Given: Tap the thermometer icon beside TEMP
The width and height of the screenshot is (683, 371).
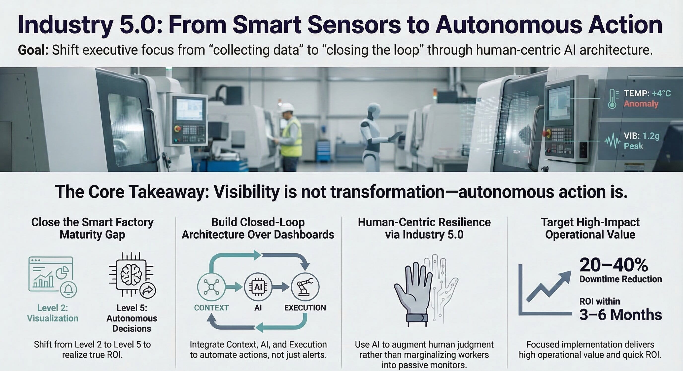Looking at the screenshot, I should [612, 99].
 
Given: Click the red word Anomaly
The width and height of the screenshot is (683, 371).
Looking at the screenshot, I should [641, 104].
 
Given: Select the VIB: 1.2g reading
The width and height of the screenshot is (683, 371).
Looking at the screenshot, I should [641, 136].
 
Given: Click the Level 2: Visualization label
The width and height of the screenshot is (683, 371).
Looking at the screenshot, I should [53, 313].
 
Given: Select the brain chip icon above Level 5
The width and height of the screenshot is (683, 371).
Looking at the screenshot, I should [132, 275].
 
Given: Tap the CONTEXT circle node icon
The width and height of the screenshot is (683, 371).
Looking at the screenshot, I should [211, 287].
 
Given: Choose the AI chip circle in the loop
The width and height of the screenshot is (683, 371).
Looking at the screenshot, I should [258, 287].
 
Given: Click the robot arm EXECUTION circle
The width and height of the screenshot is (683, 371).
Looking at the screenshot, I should [305, 287].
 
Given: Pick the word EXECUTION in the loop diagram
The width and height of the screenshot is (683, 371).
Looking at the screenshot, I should [305, 308].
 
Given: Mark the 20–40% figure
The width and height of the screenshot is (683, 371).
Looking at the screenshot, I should [614, 265].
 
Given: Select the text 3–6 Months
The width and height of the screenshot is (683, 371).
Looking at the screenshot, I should [620, 315].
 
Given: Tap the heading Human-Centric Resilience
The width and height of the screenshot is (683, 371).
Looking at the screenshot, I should [424, 222].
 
